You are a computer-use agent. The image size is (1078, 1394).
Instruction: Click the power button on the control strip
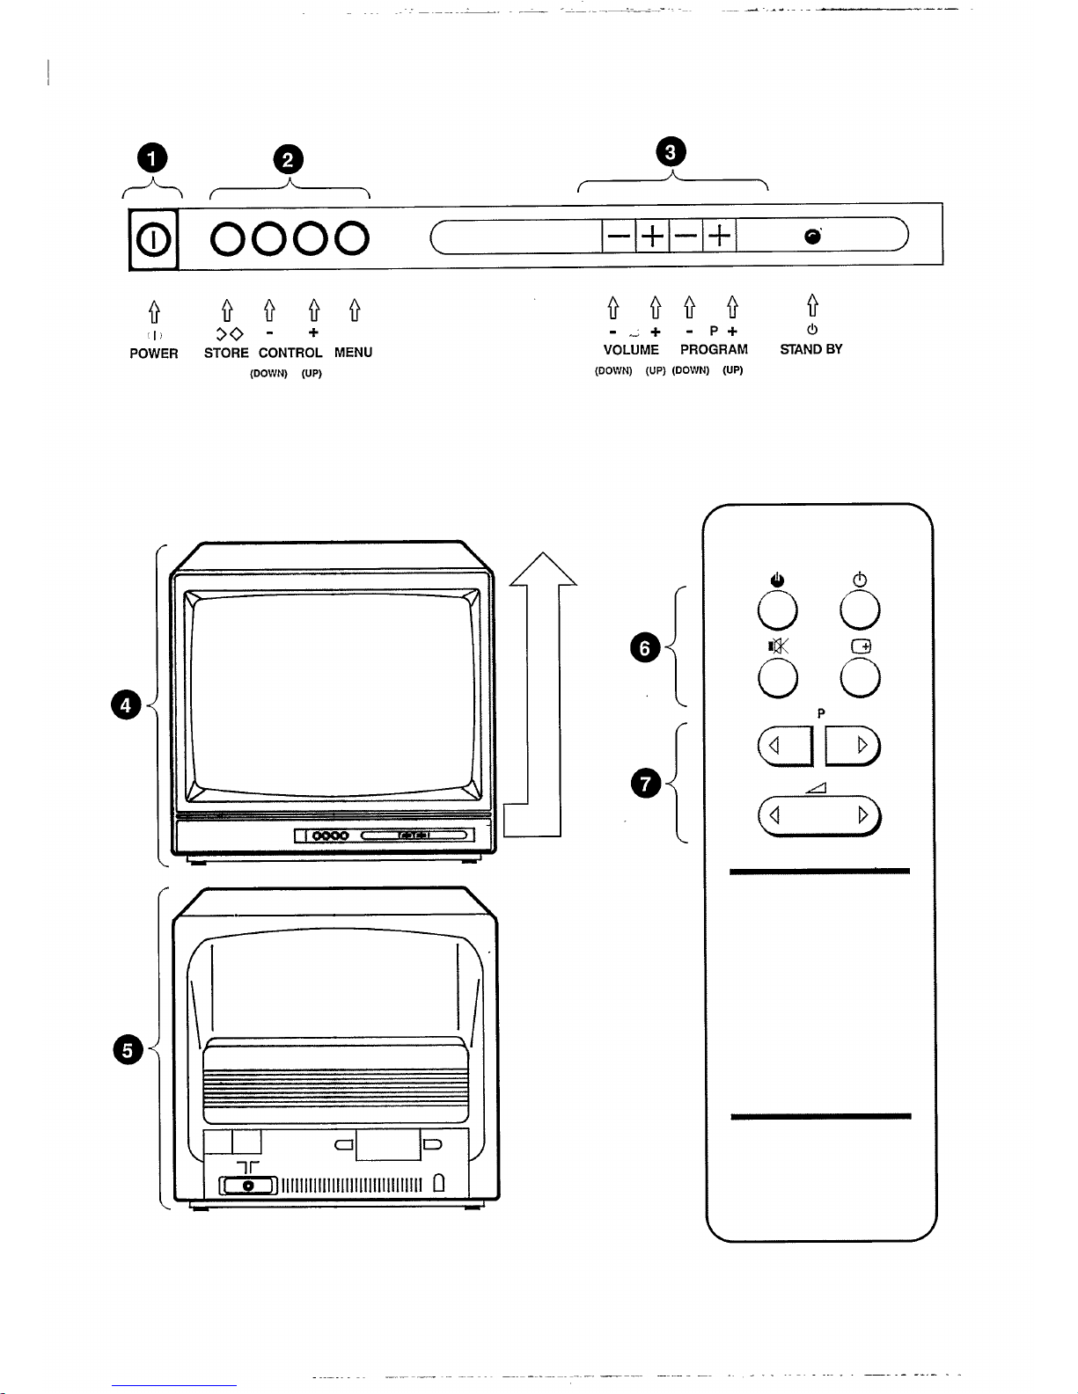(153, 238)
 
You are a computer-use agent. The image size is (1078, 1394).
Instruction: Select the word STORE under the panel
(226, 353)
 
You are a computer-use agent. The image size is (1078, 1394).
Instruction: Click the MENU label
(353, 353)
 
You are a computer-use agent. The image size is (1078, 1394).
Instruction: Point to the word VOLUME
(631, 349)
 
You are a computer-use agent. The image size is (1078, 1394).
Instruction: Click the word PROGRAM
(714, 349)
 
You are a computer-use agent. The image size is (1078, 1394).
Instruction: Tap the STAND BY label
(811, 349)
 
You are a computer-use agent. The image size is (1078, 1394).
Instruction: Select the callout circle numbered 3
(671, 152)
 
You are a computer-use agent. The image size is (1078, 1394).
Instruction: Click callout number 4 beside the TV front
(127, 705)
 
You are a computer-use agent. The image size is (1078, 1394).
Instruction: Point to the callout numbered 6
(645, 648)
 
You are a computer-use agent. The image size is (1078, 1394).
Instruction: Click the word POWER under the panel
(154, 354)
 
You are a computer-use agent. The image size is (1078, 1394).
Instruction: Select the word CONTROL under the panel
(290, 353)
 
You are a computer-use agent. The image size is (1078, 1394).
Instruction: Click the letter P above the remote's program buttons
(820, 713)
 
